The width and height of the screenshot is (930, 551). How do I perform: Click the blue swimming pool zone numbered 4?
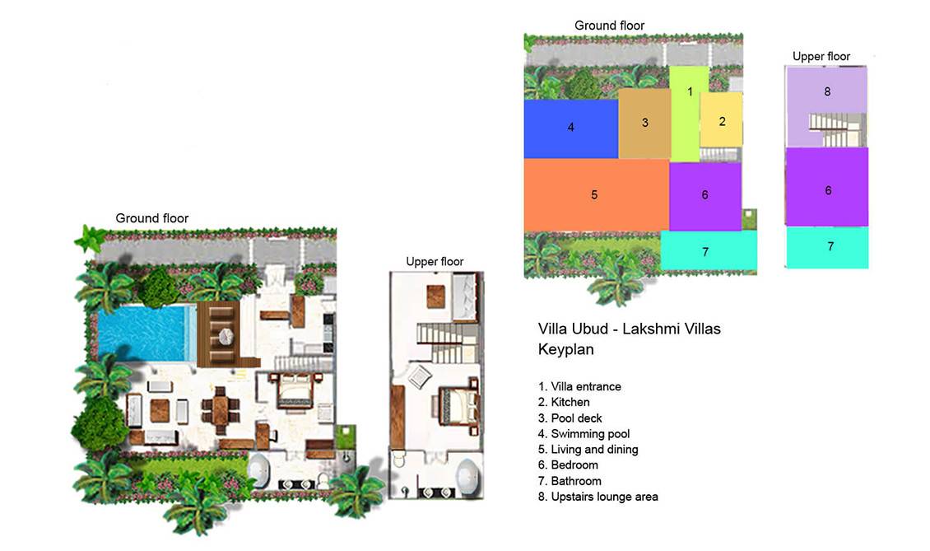[x=570, y=128]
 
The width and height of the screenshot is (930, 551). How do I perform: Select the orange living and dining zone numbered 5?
[x=596, y=194]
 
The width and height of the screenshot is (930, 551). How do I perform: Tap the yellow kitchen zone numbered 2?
[x=721, y=120]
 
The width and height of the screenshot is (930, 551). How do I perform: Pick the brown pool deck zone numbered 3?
[x=644, y=124]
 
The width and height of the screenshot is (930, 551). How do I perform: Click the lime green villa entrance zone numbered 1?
[x=688, y=113]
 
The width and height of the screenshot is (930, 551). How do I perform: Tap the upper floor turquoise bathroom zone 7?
[x=828, y=247]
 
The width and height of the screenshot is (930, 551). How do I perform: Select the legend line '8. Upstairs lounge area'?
[x=598, y=497]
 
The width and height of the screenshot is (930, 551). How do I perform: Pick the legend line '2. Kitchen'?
[x=564, y=403]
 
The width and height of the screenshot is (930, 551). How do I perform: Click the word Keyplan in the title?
[x=566, y=349]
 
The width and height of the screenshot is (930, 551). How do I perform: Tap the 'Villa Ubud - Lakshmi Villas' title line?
[x=630, y=329]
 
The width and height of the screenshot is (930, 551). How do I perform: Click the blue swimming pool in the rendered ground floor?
[x=146, y=333]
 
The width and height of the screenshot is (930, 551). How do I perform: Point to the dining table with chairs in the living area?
[x=221, y=409]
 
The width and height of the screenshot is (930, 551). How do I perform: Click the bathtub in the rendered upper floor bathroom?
[x=469, y=477]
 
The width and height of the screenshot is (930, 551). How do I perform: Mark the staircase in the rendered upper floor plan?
[x=447, y=343]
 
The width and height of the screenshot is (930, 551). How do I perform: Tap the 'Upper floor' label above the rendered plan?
[x=435, y=262]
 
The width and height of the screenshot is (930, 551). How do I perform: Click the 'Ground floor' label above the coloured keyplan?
[x=609, y=26]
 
